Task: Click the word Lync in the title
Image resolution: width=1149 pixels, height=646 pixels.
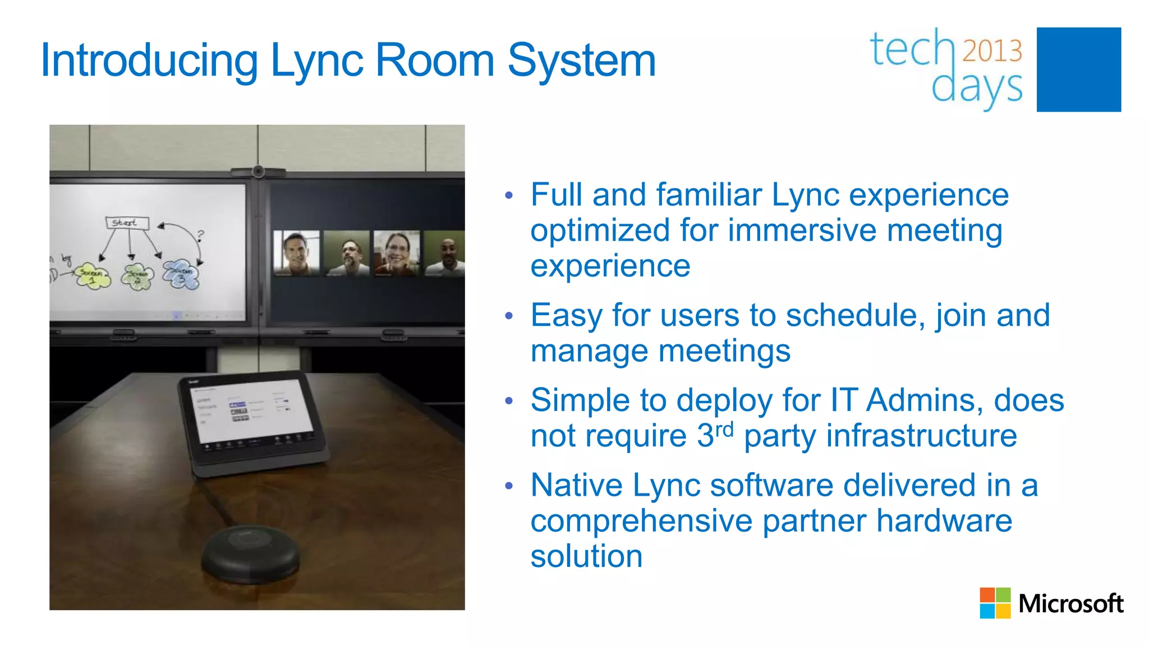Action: click(316, 61)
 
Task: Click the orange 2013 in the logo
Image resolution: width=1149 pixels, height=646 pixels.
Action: click(992, 50)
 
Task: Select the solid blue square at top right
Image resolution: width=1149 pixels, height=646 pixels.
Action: click(1078, 70)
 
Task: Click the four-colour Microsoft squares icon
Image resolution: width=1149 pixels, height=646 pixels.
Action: click(995, 603)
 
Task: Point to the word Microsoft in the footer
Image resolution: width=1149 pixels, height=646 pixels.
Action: click(1070, 604)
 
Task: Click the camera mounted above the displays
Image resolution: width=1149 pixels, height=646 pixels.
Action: click(258, 170)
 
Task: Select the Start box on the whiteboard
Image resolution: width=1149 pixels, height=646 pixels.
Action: click(127, 223)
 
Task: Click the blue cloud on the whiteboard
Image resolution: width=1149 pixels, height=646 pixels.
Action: click(181, 274)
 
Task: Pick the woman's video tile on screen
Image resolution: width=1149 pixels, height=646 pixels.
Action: click(397, 252)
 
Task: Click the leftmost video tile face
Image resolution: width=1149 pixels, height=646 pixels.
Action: click(296, 252)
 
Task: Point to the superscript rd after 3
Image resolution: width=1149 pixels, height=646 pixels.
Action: click(724, 430)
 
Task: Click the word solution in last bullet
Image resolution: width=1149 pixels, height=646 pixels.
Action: click(586, 556)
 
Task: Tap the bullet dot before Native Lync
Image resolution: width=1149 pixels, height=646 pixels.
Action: click(508, 486)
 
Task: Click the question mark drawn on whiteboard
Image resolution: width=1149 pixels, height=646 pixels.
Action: click(201, 235)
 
